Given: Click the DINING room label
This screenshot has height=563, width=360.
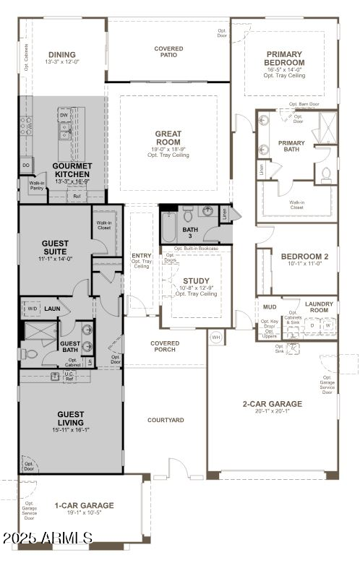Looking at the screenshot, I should click(x=62, y=54).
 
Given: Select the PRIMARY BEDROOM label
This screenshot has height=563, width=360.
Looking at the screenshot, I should click(x=285, y=59).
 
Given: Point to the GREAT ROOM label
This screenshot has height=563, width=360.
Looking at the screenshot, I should click(x=168, y=138).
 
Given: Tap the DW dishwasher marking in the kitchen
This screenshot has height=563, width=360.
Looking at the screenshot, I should click(x=64, y=115).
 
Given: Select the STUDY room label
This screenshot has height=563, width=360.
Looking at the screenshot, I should click(x=197, y=281).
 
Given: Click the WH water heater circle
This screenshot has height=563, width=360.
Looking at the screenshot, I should click(x=215, y=338).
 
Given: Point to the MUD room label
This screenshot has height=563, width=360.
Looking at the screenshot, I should click(x=270, y=306).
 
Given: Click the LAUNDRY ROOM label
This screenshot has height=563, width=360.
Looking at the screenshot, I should click(x=319, y=306).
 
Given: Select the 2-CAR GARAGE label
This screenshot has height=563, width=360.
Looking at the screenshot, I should click(x=272, y=404).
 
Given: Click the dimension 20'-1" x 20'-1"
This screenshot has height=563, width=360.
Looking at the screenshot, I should click(x=272, y=412).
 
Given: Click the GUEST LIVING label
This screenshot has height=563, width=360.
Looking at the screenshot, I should click(x=71, y=418).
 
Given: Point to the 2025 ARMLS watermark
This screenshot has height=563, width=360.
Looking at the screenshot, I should click(x=47, y=538).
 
